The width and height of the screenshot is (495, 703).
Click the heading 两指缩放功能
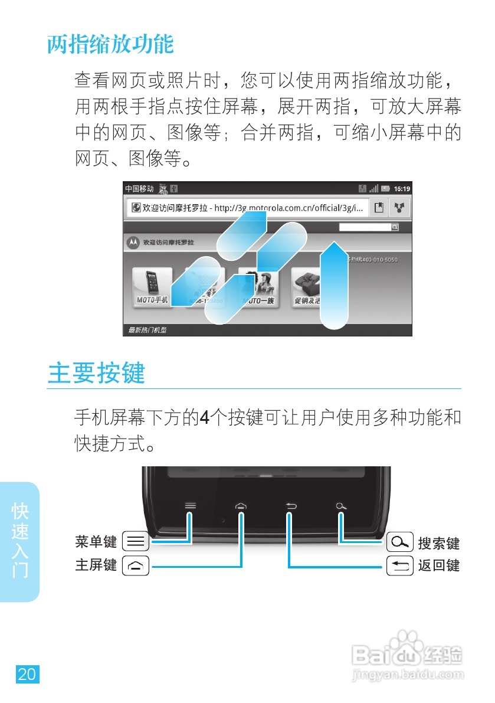pos(110,44)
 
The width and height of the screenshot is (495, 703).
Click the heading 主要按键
pos(96,373)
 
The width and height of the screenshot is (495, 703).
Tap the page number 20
pos(27,674)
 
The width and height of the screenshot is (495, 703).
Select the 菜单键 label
pos(96,541)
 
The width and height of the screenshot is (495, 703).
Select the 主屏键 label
pos(96,565)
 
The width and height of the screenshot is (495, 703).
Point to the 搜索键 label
pos(438,542)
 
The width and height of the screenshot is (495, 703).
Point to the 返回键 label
pos(438,566)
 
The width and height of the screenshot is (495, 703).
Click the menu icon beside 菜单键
pos(135,541)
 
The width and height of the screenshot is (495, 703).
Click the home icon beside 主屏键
pos(135,566)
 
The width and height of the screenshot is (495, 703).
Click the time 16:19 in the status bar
pos(402,189)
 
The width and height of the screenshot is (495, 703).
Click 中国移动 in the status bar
pos(139,189)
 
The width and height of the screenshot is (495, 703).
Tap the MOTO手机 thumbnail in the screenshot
pos(152,287)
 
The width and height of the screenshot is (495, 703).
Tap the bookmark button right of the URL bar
pos(379,208)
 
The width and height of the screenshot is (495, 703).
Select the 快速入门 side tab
pos(20,540)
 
